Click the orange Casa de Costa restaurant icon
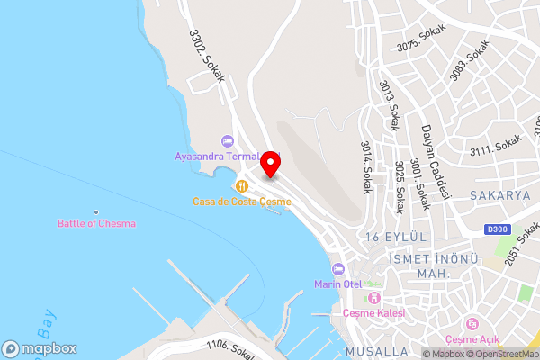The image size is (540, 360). coord(241,185)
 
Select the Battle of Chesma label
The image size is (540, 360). coord(96,223)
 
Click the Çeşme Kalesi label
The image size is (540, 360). coord(374,312)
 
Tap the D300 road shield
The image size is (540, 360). coord(498,229)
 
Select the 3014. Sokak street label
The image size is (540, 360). coord(366,167)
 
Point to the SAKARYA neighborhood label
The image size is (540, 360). coord(499,194)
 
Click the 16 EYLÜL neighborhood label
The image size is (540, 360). coord(394,237)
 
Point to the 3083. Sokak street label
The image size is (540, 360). coord(468,60)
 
